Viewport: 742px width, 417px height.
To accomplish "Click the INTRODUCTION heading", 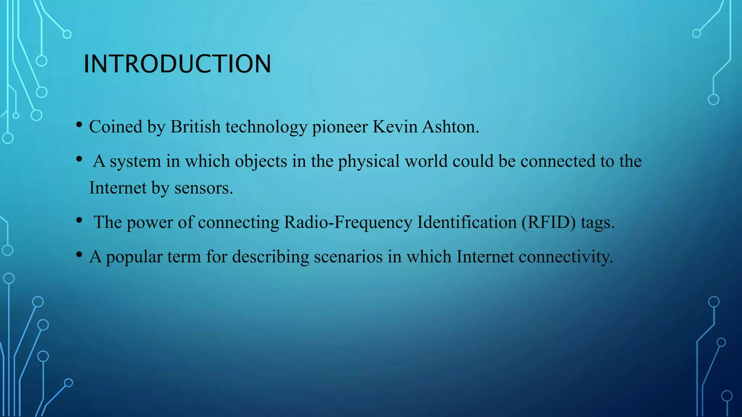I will point(177,64).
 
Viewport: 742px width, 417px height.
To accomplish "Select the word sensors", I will point(204,188).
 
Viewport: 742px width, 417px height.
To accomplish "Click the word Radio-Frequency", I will point(348,222).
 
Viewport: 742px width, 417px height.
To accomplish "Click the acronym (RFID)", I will point(549,222).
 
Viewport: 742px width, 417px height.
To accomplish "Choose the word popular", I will point(134,257).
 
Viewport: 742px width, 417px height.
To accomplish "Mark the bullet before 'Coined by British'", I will point(79,125).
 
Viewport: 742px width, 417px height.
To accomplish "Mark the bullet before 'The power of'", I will point(79,220).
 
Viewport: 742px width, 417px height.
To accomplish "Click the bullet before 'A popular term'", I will point(79,254).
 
